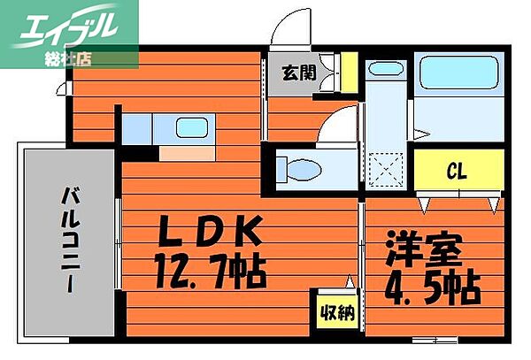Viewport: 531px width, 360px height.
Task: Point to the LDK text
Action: coord(209,234)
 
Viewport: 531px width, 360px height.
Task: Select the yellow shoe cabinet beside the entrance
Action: coord(349,73)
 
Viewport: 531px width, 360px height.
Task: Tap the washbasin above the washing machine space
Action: coord(384,74)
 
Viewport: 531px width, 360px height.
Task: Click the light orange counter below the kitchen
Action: coord(185,153)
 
